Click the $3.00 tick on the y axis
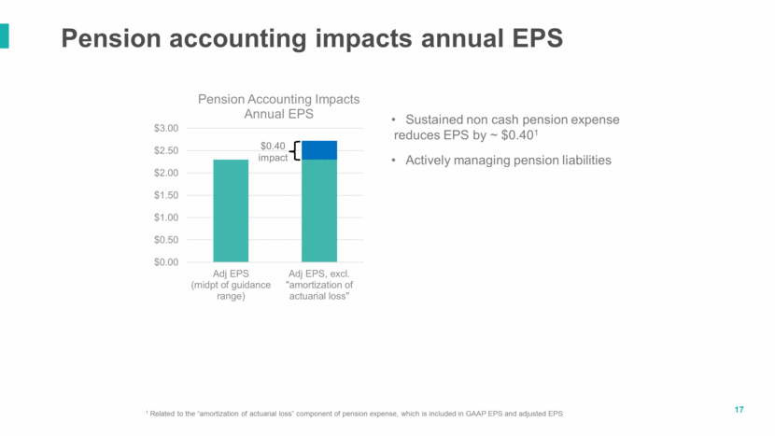coord(168,128)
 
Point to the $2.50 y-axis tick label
coord(168,150)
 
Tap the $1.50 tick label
coord(168,195)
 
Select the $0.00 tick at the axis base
coord(168,261)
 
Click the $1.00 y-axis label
coord(168,218)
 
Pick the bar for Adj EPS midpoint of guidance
coord(231,210)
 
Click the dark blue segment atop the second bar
coord(318,149)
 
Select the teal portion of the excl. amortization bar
coord(318,210)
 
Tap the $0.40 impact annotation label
coord(273,151)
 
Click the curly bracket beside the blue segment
coord(293,150)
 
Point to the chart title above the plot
coord(277,106)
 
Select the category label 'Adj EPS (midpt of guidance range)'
coord(231,284)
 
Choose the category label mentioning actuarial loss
coord(318,284)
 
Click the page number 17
coord(739,410)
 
